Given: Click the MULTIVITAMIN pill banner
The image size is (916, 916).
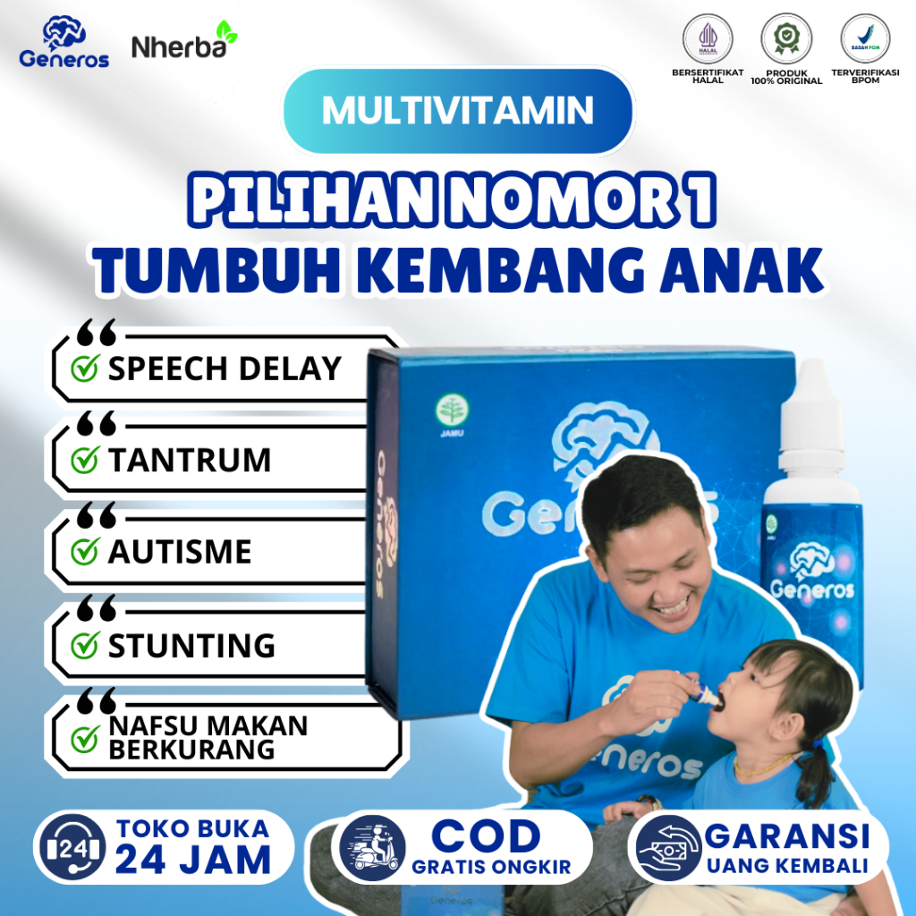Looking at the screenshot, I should (457, 110).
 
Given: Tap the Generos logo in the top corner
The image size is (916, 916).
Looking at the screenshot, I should (64, 43).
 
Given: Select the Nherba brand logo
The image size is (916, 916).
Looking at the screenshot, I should (184, 44).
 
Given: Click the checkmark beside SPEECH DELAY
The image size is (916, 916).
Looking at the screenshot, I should (84, 369).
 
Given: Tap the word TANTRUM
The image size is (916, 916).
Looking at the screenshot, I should (189, 461).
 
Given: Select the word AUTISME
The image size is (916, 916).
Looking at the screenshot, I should (180, 552).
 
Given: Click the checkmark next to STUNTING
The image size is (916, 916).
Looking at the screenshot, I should (84, 645).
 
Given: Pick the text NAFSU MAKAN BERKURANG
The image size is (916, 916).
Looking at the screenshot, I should (208, 737).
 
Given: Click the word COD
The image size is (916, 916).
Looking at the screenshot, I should (487, 835).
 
